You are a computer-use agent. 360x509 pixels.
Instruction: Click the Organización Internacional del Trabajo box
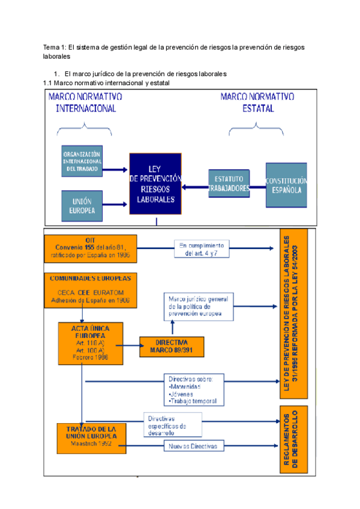(82, 161)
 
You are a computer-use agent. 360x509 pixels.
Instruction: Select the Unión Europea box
(82, 206)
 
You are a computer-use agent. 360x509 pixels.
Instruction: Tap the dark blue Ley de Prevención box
(155, 183)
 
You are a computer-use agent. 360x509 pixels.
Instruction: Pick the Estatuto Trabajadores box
(229, 184)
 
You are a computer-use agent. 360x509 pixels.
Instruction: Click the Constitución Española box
(286, 185)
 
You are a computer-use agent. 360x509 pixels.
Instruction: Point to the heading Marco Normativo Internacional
(86, 103)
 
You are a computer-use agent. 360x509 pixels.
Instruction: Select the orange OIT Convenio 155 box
(91, 248)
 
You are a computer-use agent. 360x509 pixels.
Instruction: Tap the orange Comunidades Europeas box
(91, 289)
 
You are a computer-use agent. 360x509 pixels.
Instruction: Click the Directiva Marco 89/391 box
(171, 346)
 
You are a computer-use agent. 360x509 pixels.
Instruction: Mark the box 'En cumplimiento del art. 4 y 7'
(201, 249)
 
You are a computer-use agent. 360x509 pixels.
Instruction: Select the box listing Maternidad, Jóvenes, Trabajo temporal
(193, 390)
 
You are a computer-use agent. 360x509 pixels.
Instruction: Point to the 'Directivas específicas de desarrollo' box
(172, 424)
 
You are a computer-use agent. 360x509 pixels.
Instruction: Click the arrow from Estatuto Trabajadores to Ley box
(195, 187)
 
